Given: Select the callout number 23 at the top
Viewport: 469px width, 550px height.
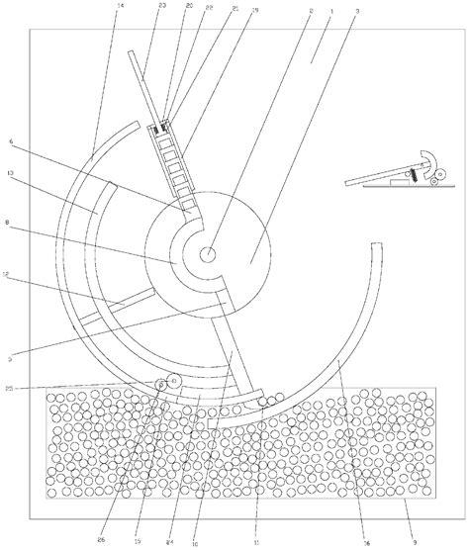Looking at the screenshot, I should point(161,7).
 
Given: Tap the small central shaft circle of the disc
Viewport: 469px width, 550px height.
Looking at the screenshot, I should point(210,255).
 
